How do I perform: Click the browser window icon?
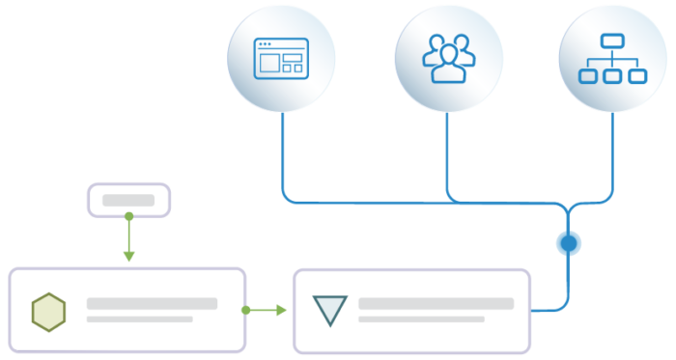280,59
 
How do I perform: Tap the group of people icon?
448,59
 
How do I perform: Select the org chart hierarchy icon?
612,59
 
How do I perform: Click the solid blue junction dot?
569,242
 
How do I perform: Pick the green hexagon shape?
48,311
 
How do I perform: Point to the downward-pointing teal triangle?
329,310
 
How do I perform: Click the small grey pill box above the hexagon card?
128,200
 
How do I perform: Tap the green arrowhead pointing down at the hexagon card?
128,256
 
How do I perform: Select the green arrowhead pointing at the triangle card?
281,310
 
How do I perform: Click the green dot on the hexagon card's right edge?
247,310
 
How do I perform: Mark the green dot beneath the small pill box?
128,217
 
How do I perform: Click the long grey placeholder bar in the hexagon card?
152,303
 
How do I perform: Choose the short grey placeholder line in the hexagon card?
139,318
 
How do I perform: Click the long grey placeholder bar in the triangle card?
436,303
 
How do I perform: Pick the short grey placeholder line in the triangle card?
421,318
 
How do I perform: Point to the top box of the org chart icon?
612,42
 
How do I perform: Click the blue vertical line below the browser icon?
281,154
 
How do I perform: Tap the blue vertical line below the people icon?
447,154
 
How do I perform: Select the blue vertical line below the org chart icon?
612,154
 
